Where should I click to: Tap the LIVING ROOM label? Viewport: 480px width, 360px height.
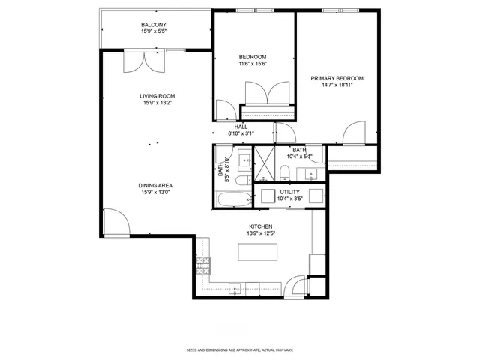coord(157,96)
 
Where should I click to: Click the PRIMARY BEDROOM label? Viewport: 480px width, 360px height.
coord(337,78)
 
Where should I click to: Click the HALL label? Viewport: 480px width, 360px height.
coord(241,127)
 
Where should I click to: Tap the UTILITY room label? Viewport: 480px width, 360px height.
coord(289,192)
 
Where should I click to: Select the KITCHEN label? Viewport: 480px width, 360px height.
coord(260,226)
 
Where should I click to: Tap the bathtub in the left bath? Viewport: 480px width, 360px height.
coord(233,198)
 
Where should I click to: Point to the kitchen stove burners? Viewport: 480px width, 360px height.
coord(203,263)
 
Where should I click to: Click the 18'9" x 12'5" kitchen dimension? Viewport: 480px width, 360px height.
coord(260,233)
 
